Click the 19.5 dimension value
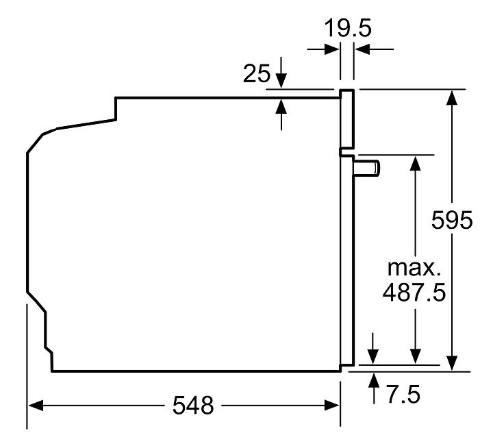pos(347,28)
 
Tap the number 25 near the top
pos(257,73)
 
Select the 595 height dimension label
pos(452,219)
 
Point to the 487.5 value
pos(414,293)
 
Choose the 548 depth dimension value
pos(193,406)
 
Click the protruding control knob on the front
pos(367,168)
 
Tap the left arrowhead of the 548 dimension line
pos(36,406)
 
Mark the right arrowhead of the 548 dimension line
pos(331,406)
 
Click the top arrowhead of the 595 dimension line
pos(452,97)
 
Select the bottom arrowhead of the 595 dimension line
pos(452,363)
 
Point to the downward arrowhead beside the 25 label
pos(281,81)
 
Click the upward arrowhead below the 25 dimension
pos(281,106)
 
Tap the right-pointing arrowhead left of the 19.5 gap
pos(331,49)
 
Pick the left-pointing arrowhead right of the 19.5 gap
pos(362,49)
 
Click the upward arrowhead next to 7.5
pos(374,380)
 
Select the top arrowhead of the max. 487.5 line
pos(416,163)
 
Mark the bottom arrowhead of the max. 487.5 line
pos(416,357)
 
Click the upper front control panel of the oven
pos(347,119)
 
